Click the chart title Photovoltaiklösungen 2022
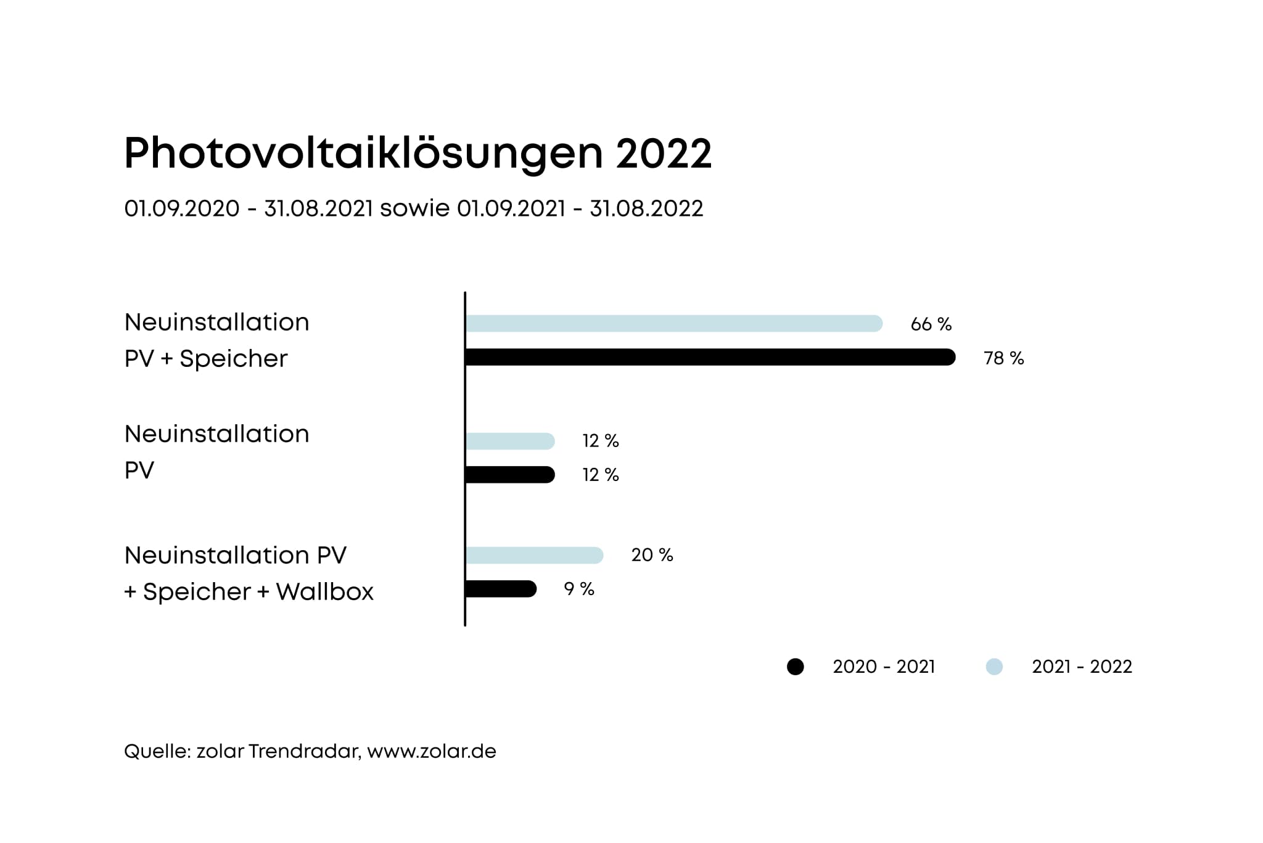tap(418, 153)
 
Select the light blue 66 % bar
tap(673, 323)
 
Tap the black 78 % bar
tap(710, 357)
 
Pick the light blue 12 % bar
tap(510, 441)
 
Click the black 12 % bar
tap(510, 475)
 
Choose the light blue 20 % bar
tap(534, 555)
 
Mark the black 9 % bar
tap(501, 589)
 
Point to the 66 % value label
tap(931, 324)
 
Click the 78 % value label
tap(1003, 358)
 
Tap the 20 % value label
tap(652, 555)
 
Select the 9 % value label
tap(579, 590)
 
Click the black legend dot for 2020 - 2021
tap(796, 667)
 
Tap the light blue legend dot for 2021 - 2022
tap(994, 667)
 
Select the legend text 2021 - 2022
tap(1082, 667)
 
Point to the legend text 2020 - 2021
tap(884, 667)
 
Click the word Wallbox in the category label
tap(324, 592)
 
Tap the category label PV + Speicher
tap(206, 359)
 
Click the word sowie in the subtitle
tap(414, 208)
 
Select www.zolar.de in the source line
tap(432, 751)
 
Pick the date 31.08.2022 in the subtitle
tap(646, 208)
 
